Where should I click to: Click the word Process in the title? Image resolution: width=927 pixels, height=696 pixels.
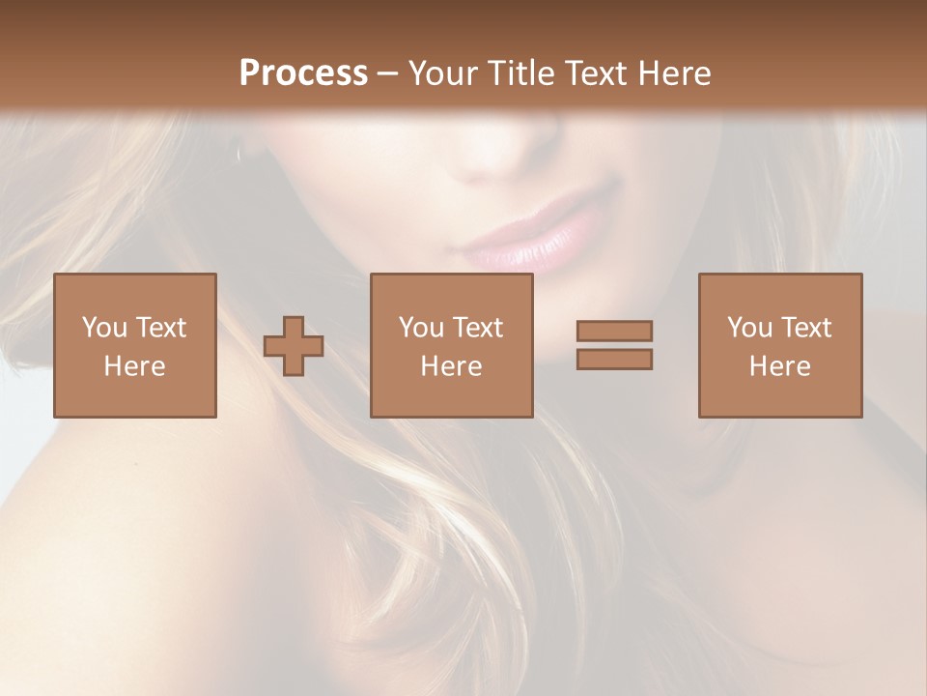point(303,73)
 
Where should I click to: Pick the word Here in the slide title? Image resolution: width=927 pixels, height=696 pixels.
point(676,73)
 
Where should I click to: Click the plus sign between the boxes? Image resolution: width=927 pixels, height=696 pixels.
point(294,345)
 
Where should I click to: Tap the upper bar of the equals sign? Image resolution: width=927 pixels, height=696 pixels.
point(614,331)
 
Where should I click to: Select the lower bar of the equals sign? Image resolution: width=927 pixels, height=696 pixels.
point(614,359)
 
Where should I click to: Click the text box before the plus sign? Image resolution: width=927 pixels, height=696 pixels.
point(135,345)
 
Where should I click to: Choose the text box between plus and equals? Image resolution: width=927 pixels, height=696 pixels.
point(452,345)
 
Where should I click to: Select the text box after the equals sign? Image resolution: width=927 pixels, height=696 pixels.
point(780,345)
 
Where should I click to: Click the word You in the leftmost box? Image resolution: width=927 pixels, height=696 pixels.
point(104,328)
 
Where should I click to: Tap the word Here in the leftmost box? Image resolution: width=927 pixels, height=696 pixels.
point(135,366)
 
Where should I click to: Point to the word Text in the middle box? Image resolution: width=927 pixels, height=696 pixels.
point(478,328)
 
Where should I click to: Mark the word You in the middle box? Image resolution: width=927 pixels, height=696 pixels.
point(421,328)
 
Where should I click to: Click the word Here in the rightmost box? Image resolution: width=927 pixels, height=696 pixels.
point(780,366)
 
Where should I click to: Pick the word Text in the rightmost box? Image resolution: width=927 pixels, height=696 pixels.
point(806,328)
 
